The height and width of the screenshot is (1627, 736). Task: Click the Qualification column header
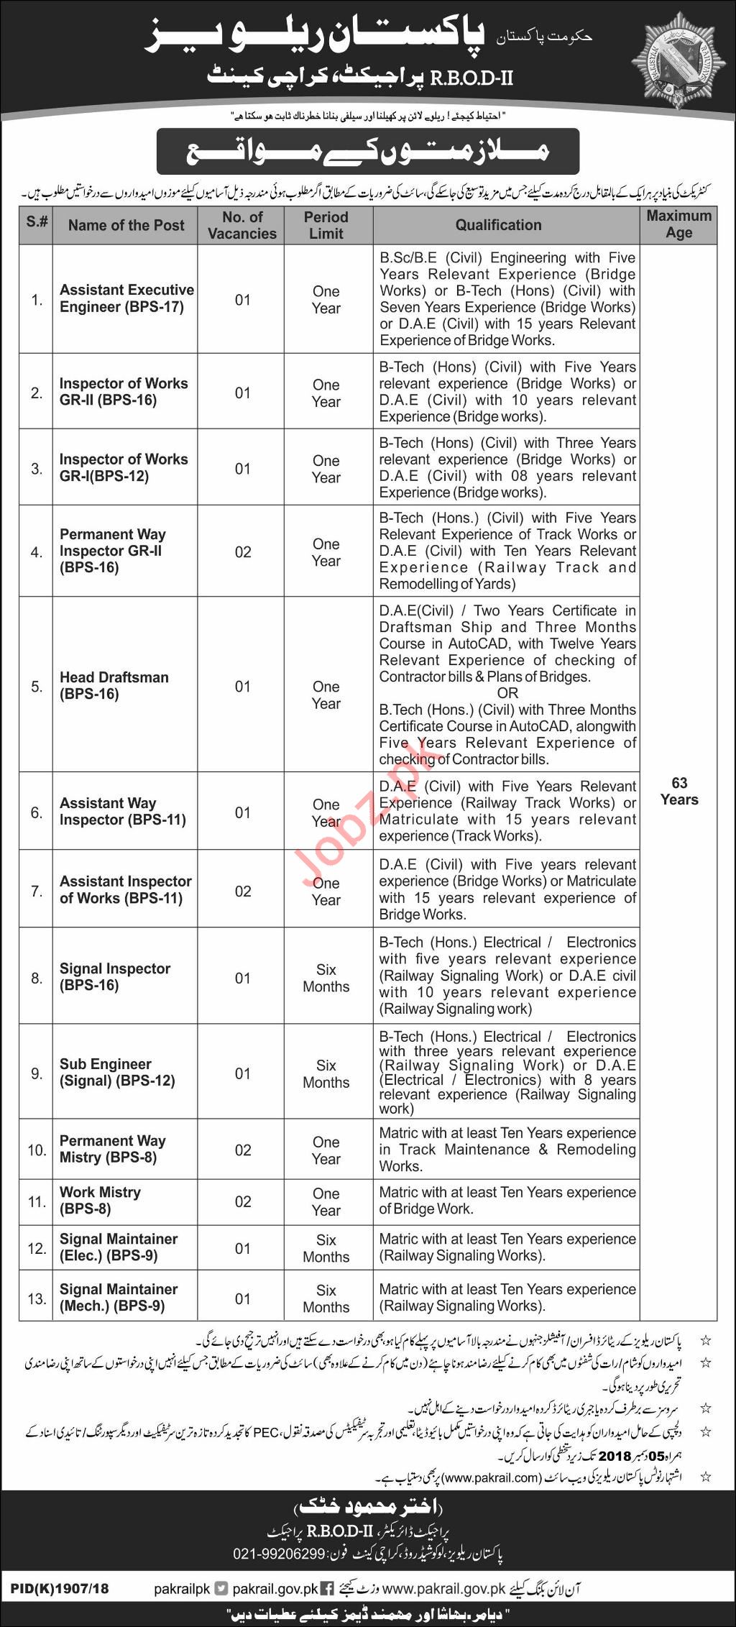498,225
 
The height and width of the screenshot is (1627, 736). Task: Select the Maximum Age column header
678,224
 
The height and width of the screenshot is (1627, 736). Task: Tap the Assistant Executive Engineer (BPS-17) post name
126,298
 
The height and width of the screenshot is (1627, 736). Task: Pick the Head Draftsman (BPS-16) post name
114,686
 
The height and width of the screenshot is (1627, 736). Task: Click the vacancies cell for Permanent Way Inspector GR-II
243,552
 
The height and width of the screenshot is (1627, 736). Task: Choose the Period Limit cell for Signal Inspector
326,978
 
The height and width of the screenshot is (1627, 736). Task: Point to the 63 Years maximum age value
678,792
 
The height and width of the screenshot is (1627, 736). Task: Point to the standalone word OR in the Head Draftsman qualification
507,693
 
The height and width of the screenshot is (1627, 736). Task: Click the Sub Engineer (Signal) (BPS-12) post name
116,1073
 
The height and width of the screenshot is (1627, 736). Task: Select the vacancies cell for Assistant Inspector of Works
243,892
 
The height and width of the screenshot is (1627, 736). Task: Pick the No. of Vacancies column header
242,225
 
